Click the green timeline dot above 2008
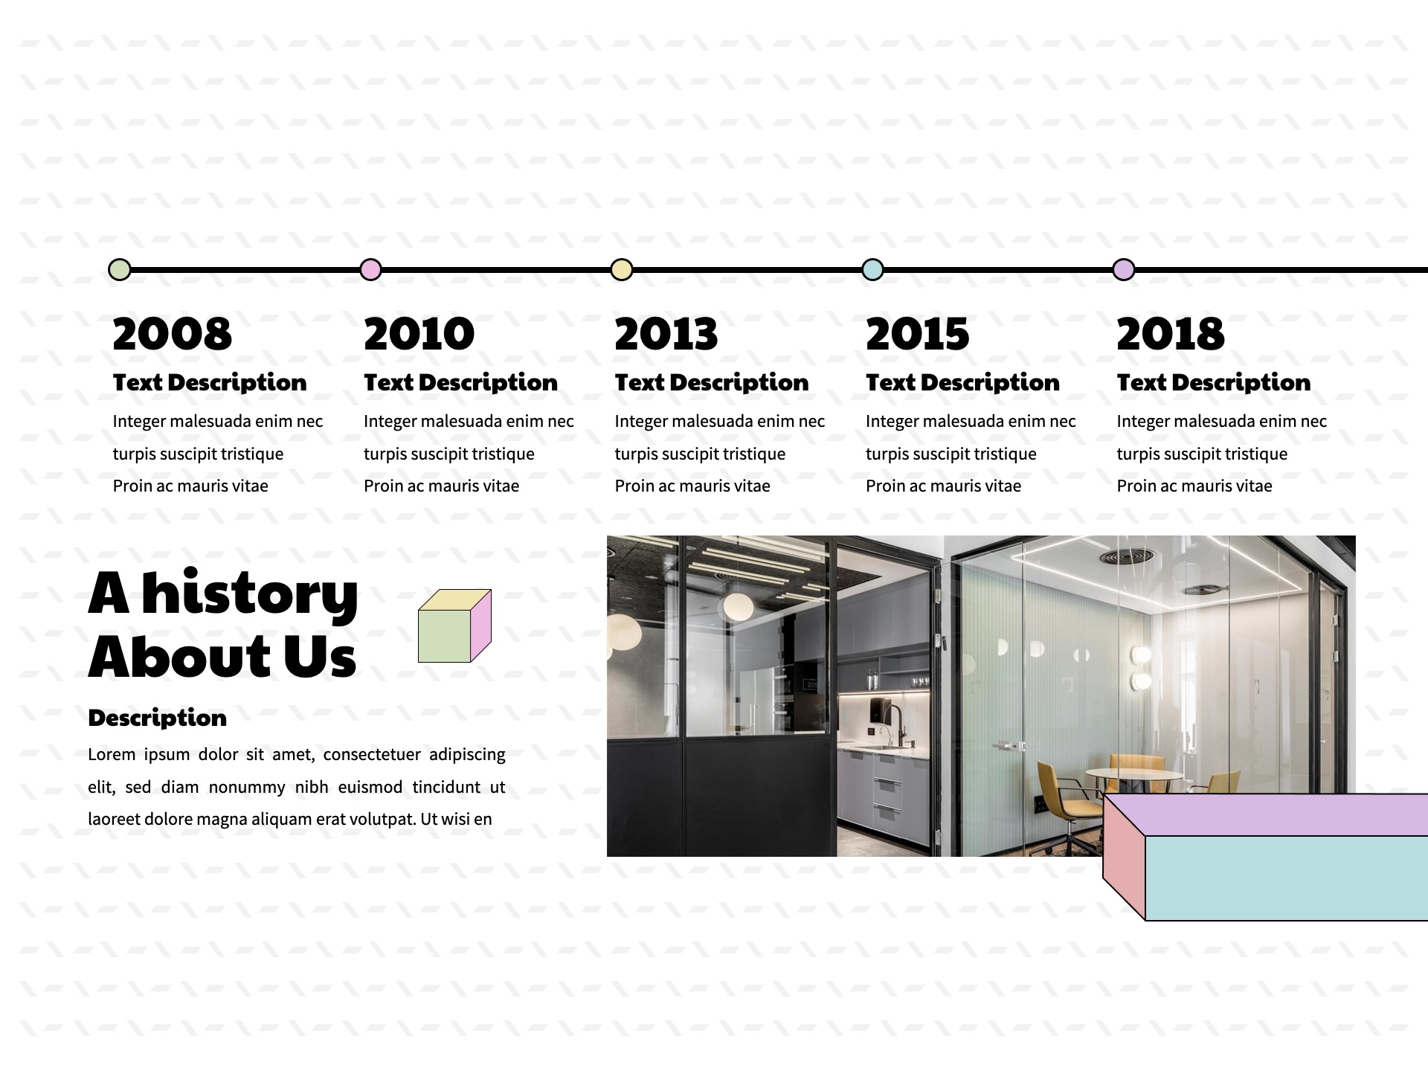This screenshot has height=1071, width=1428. click(x=120, y=269)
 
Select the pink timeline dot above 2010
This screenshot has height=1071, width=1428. click(x=370, y=269)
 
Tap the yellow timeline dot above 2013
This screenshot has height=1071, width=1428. click(x=622, y=269)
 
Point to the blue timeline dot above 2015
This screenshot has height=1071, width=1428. click(x=872, y=269)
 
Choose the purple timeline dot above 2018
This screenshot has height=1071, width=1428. click(x=1124, y=269)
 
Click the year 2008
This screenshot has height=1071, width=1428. click(x=173, y=333)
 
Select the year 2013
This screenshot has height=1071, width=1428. click(x=666, y=333)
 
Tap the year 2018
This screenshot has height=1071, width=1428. click(x=1170, y=333)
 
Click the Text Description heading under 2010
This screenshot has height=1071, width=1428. click(x=460, y=382)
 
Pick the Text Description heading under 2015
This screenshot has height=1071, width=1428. click(x=962, y=382)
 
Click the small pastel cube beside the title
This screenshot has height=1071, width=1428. click(x=454, y=625)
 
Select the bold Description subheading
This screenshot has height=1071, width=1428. click(x=157, y=718)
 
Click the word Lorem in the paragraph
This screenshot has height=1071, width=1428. click(x=112, y=754)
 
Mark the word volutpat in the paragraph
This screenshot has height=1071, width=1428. click(x=384, y=820)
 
